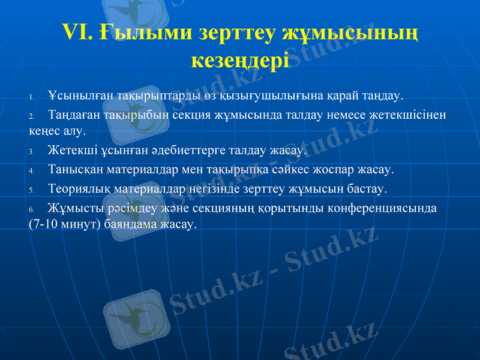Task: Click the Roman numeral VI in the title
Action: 76,32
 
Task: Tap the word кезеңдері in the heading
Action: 239,59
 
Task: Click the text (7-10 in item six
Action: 43,224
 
